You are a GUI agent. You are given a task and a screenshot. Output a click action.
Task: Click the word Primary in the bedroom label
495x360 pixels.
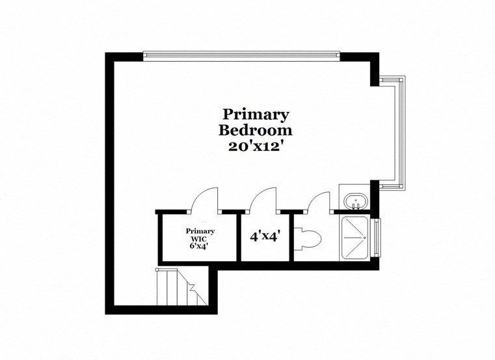click(256, 115)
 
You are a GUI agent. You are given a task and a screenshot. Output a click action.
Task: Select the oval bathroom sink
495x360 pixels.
click(355, 201)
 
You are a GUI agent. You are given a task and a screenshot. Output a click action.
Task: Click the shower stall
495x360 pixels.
click(355, 238)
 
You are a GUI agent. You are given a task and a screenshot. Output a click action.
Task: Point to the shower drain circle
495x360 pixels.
click(355, 238)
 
